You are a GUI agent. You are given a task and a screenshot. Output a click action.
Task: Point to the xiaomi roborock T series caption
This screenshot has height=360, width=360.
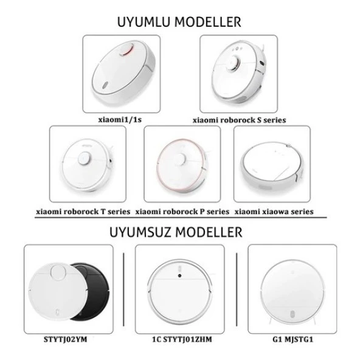coord(82,212)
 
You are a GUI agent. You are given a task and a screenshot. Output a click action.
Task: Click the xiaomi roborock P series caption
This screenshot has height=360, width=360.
coord(182,212)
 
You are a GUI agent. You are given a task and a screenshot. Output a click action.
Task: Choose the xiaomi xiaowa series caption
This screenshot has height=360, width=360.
coord(274,212)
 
